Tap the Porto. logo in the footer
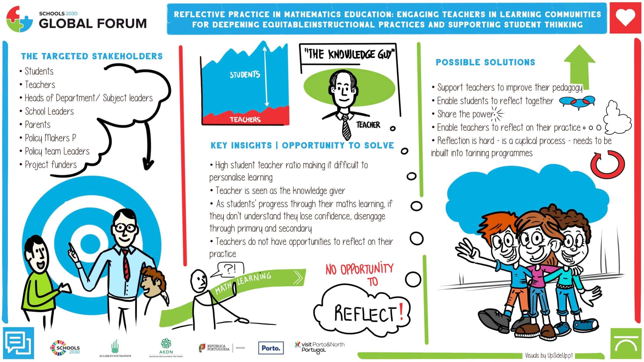(271, 348)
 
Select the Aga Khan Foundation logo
(115, 348)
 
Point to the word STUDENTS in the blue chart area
(245, 75)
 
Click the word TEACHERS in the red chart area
(245, 119)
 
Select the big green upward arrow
(579, 66)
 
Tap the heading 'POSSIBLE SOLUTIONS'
(486, 62)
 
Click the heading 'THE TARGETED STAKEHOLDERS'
(92, 56)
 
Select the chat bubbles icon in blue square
(18, 343)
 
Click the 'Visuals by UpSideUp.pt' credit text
(549, 355)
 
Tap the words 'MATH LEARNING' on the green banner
(243, 283)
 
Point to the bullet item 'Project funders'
(48, 165)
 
